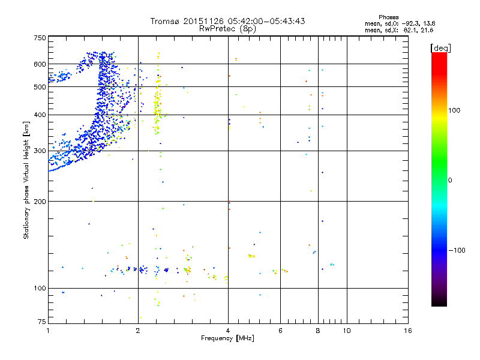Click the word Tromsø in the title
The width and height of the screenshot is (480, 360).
(x=166, y=21)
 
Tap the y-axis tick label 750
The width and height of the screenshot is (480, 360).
(x=40, y=38)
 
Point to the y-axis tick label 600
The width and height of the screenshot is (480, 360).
(x=40, y=64)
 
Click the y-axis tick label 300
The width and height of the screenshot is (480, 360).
(x=40, y=151)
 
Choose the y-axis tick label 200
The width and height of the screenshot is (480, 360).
(x=40, y=202)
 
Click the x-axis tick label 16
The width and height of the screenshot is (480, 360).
(x=408, y=331)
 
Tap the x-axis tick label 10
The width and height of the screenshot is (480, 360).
(x=347, y=331)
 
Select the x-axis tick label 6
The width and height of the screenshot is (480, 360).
(x=280, y=331)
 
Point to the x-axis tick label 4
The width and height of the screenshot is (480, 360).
(x=228, y=331)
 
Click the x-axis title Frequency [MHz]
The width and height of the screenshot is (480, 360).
(x=228, y=340)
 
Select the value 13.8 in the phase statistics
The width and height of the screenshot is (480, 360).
(x=426, y=23)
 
